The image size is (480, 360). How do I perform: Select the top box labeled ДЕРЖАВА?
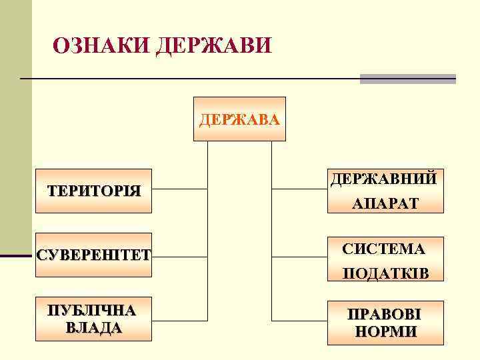click(239, 119)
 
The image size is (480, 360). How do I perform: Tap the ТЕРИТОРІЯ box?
click(94, 191)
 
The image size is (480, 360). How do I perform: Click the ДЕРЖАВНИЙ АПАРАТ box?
click(385, 191)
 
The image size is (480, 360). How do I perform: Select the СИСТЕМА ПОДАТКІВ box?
click(385, 260)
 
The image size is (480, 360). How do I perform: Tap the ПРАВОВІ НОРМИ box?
click(385, 323)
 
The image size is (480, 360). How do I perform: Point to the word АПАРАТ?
click(385, 203)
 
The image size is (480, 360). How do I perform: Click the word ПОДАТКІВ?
click(385, 273)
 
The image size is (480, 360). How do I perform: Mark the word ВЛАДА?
click(94, 327)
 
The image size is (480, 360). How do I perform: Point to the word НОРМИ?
click(386, 331)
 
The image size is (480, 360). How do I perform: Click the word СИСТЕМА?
click(384, 249)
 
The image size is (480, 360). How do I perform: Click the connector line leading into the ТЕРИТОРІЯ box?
click(180, 189)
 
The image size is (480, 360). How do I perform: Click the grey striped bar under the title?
click(407, 79)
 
